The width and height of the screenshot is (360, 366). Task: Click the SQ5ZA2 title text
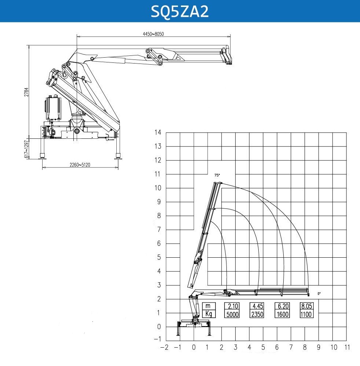tap(180, 11)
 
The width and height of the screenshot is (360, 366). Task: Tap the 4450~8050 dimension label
tap(153, 34)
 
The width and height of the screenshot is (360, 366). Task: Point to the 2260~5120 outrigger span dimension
tap(80, 165)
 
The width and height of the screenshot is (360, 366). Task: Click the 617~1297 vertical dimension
tap(27, 149)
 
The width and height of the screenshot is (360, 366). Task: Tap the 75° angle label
tap(217, 175)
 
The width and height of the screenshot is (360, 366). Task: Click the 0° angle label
tap(319, 293)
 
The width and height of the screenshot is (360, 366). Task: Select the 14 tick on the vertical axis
tap(158, 133)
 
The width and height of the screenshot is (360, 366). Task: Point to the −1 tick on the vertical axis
tap(158, 339)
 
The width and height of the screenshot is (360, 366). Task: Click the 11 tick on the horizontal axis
tap(347, 347)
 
